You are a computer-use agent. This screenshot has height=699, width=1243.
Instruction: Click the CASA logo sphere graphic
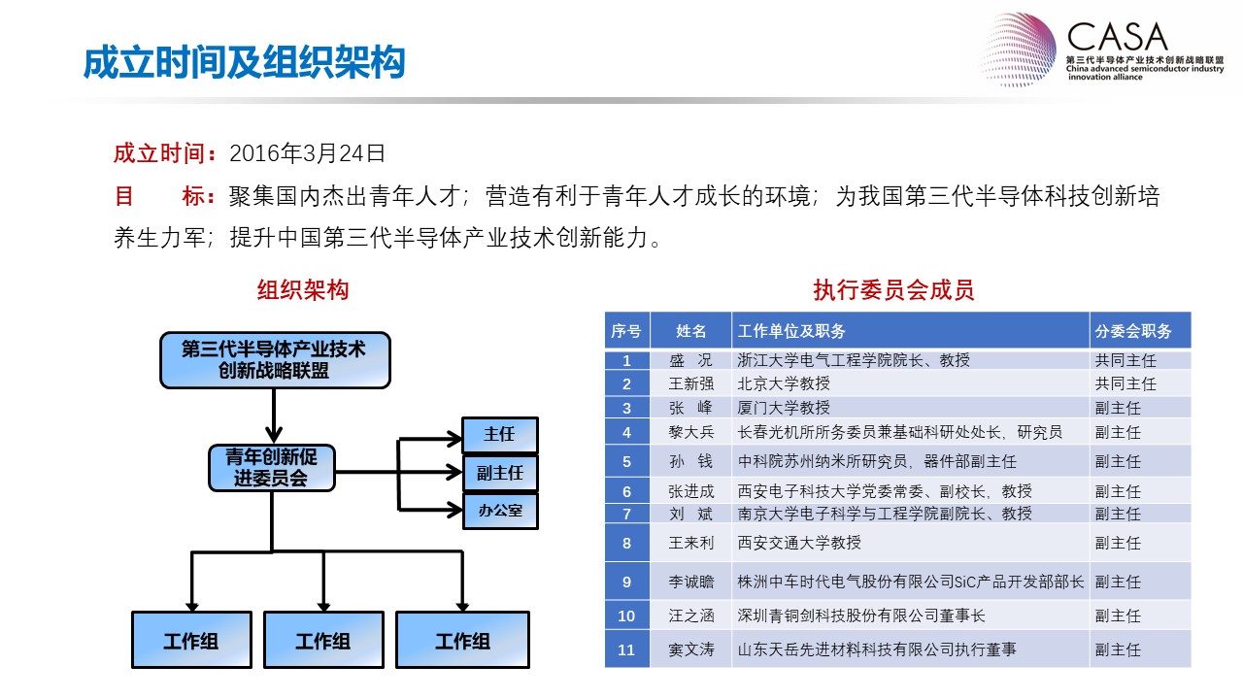click(1018, 50)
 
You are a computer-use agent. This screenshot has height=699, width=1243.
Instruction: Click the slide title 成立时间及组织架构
click(244, 62)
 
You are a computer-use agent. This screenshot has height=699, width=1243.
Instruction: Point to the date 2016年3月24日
click(307, 153)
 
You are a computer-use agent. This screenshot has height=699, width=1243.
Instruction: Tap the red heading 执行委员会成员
click(893, 290)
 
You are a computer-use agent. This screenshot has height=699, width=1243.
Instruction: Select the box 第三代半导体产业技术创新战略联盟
click(275, 360)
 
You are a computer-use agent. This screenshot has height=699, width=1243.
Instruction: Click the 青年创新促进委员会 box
click(272, 468)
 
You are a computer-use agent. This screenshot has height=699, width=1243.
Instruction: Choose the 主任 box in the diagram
click(500, 434)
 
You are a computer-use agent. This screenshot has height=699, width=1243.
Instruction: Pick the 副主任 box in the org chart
click(500, 473)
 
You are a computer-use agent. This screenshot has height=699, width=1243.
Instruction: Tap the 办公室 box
click(500, 511)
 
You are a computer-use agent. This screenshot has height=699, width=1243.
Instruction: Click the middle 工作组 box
click(323, 640)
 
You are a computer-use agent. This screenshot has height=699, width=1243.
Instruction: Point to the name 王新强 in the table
click(690, 383)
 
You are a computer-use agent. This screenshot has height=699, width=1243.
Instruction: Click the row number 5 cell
click(627, 461)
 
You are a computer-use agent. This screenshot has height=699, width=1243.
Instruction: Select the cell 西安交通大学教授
click(799, 543)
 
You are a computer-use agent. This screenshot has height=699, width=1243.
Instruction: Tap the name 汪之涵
click(690, 616)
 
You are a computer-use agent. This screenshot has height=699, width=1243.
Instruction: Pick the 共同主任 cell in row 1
click(1125, 360)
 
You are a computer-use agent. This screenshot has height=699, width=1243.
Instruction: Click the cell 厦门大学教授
click(784, 409)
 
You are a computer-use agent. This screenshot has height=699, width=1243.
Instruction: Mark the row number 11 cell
click(627, 649)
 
